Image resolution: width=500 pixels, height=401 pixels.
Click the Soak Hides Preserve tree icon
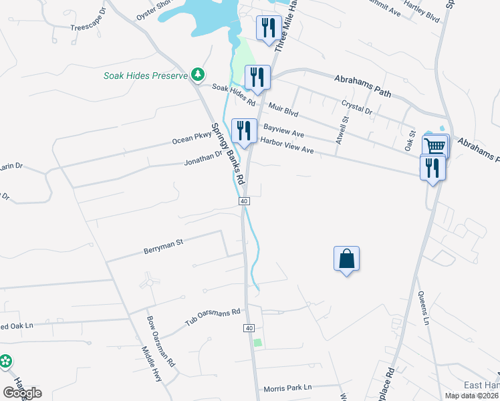click(197, 74)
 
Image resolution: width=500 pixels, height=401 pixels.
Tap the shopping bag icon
click(346, 259)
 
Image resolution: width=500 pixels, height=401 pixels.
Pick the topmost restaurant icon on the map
click(268, 27)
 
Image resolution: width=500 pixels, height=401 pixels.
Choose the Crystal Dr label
click(356, 106)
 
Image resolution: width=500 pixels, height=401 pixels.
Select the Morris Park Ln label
click(287, 388)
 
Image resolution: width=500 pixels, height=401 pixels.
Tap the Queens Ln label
click(422, 308)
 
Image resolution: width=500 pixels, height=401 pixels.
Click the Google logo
click(22, 393)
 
